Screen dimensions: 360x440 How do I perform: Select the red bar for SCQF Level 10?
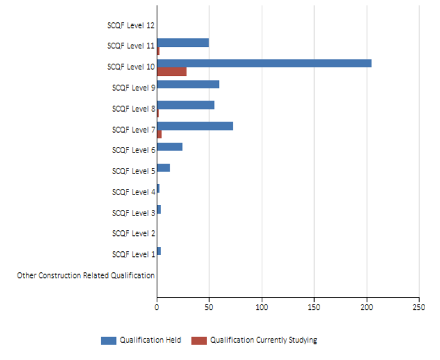pyautogui.click(x=172, y=72)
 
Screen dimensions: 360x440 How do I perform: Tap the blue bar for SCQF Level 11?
pyautogui.click(x=183, y=43)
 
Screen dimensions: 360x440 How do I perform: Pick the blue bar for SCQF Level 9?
pyautogui.click(x=188, y=85)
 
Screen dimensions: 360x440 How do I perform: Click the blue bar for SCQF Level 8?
pyautogui.click(x=186, y=105)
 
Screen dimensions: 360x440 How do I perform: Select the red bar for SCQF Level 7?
pyautogui.click(x=159, y=134)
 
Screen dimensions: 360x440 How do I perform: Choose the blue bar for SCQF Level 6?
pyautogui.click(x=170, y=147)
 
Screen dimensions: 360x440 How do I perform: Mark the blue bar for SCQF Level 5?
pyautogui.click(x=164, y=168)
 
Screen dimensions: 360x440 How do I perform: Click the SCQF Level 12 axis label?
pyautogui.click(x=130, y=25)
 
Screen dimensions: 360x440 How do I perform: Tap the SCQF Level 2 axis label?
pyautogui.click(x=133, y=233)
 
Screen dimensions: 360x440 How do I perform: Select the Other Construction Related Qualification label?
pyautogui.click(x=86, y=275)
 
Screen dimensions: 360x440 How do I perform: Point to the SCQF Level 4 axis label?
pyautogui.click(x=133, y=192)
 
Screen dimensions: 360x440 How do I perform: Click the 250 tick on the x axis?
pyautogui.click(x=420, y=306)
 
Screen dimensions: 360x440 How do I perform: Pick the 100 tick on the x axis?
pyautogui.click(x=262, y=306)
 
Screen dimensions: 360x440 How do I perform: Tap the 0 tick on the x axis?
pyautogui.click(x=157, y=306)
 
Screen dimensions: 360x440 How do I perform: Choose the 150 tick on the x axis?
pyautogui.click(x=314, y=306)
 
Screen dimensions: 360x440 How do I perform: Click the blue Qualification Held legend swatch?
pyautogui.click(x=109, y=340)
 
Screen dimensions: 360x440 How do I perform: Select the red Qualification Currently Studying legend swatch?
pyautogui.click(x=199, y=340)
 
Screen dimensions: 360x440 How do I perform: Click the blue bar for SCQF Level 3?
pyautogui.click(x=159, y=209)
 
